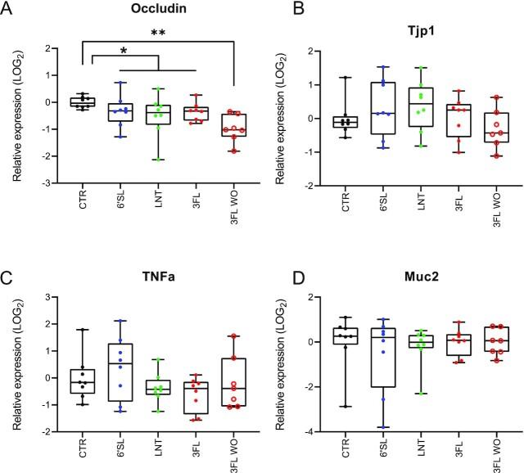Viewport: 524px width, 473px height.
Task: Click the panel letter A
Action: (x=9, y=10)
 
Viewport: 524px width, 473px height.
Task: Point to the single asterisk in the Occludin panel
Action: (x=124, y=51)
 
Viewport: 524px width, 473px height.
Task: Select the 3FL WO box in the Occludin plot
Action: (x=235, y=124)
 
